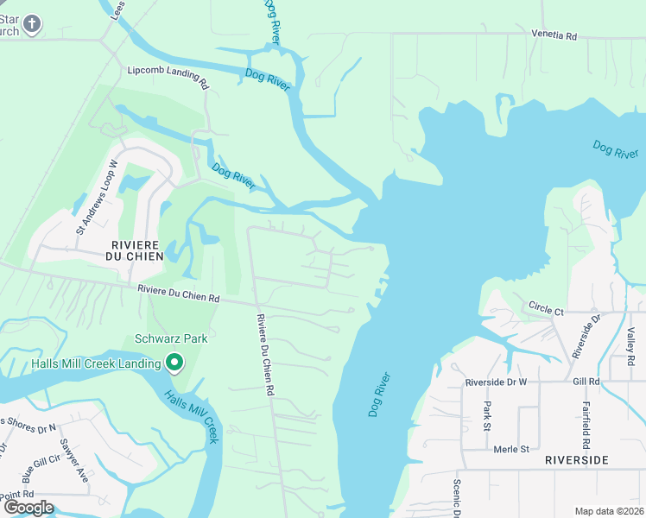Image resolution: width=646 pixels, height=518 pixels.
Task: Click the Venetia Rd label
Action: [553, 35]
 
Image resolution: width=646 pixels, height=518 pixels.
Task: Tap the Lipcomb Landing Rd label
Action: [168, 78]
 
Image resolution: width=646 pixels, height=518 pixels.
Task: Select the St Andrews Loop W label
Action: [96, 197]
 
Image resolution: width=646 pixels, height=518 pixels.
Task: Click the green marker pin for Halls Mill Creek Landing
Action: [174, 363]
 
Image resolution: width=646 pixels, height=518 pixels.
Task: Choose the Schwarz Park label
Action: [171, 338]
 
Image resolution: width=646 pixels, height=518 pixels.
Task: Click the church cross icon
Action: [33, 23]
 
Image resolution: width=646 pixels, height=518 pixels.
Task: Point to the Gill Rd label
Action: [586, 381]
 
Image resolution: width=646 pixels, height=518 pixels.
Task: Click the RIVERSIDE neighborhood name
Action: [578, 460]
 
